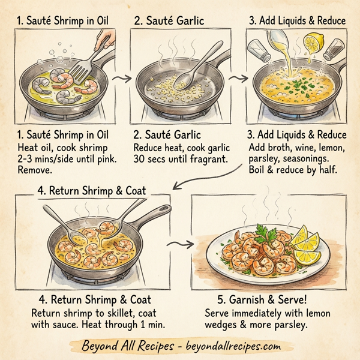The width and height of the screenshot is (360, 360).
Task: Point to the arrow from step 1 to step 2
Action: tap(123, 78)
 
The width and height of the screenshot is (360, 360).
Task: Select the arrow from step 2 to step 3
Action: tap(238, 78)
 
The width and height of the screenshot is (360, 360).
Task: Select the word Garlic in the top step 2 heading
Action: tap(187, 21)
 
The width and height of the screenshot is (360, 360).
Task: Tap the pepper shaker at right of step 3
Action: tap(334, 50)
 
